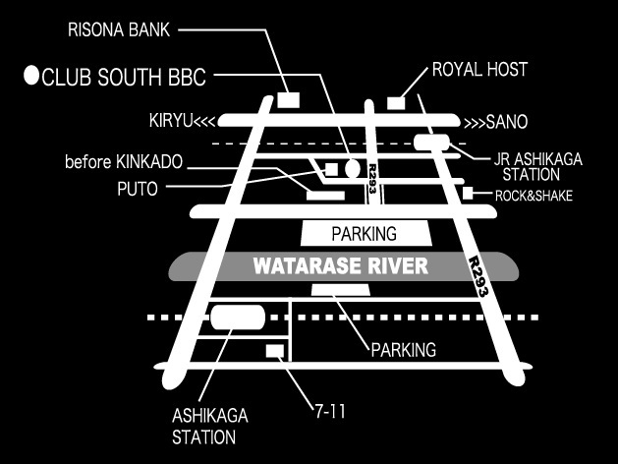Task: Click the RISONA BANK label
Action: pos(119,29)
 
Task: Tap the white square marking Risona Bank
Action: pos(289,99)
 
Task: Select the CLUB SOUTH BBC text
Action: pos(124,77)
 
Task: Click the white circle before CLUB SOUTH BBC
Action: pos(31,75)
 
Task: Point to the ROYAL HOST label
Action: pos(479,70)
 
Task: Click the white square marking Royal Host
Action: pos(396,102)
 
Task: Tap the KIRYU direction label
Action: pos(183,120)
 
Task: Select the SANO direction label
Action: pos(496,122)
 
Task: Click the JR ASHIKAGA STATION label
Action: pos(537,167)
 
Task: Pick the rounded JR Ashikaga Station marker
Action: pos(431,143)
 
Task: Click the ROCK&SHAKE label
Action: pos(534,196)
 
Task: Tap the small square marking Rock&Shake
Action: pos(468,193)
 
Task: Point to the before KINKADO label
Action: pos(124,162)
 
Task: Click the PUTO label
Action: pos(138,189)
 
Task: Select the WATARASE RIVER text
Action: pos(341,266)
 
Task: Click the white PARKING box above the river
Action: pos(366,234)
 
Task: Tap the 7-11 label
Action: pos(330,412)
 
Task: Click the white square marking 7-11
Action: pos(275,351)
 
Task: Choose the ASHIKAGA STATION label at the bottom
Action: pos(210,427)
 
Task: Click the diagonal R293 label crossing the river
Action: pos(478,276)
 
